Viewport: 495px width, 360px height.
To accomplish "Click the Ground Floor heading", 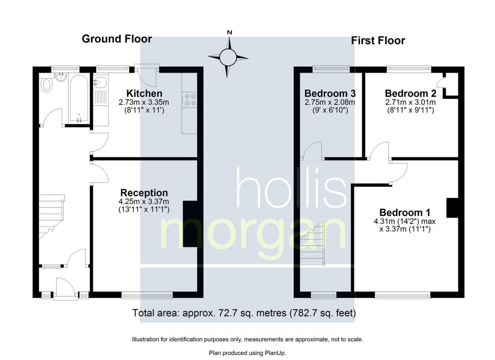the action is click(x=117, y=39).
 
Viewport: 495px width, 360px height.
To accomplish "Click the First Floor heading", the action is click(x=378, y=41).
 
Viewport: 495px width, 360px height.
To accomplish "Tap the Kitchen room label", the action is click(x=144, y=94).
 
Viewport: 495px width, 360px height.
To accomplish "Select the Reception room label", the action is click(x=144, y=193).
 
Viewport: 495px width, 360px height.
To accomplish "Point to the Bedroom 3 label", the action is click(x=330, y=94).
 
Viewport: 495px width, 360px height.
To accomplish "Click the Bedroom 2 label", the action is click(x=410, y=94).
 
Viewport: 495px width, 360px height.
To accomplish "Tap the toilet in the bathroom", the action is click(x=47, y=85).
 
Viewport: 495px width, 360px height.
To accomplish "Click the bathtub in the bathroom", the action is click(x=79, y=99).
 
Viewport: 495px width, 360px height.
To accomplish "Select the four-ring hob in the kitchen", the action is click(x=189, y=99).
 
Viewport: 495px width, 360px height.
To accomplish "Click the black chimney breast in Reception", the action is click(x=190, y=224).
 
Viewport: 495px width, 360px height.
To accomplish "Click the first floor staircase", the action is click(x=312, y=243).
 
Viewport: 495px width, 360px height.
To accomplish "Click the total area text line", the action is click(x=244, y=313).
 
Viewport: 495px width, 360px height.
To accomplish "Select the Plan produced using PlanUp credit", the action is click(x=247, y=353).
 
